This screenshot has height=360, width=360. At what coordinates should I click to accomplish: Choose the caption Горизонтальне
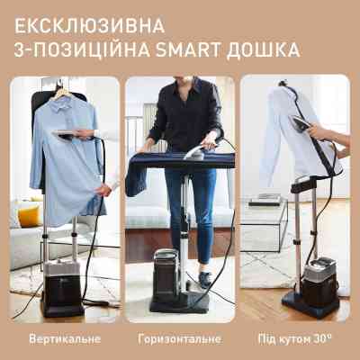[x=179, y=341]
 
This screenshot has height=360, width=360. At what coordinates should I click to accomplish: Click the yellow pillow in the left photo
[x=28, y=216]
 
